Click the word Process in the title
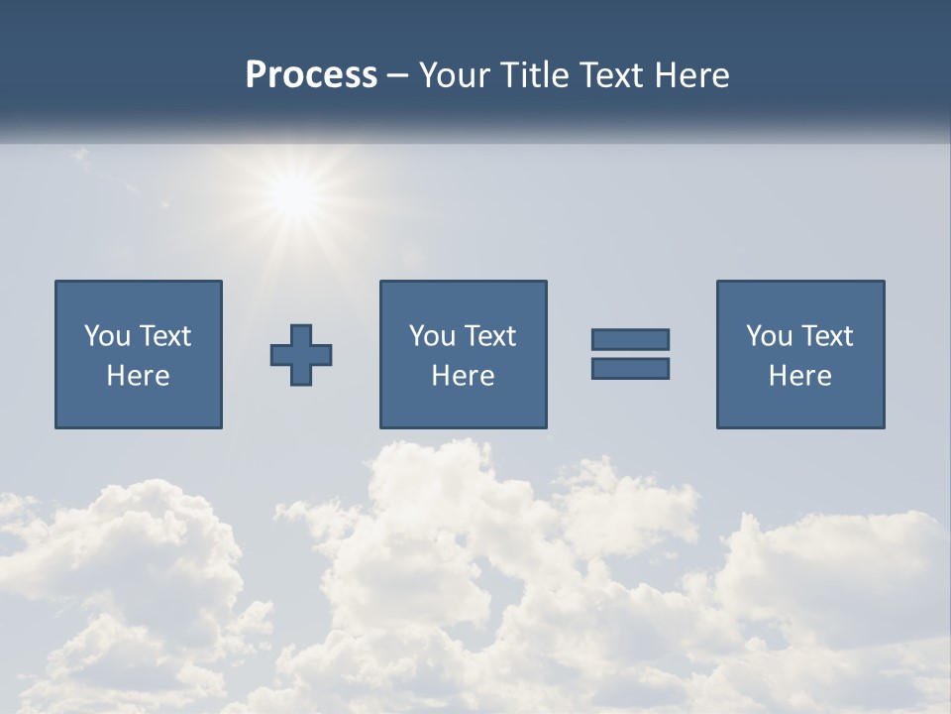(311, 75)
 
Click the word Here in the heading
(694, 75)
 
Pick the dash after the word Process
(398, 76)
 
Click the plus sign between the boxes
(301, 355)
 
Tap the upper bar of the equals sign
(630, 339)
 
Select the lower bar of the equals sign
(630, 368)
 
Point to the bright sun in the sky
(294, 194)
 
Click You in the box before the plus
(107, 336)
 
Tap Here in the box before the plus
(138, 376)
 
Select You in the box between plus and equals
(432, 336)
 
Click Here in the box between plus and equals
(463, 376)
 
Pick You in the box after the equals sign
(769, 336)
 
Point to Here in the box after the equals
(799, 376)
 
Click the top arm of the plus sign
(301, 334)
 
